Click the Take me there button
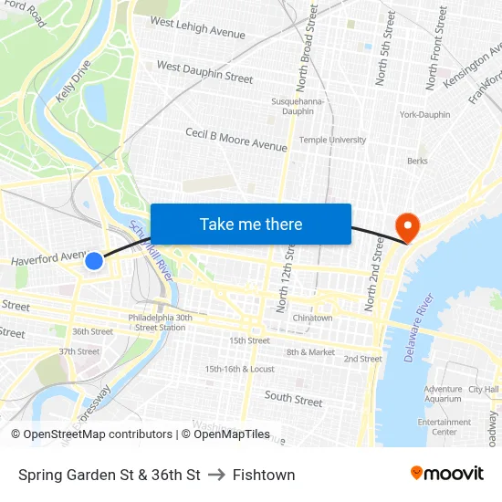251,224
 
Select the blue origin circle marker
94,261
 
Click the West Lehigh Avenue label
197,28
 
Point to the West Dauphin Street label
204,72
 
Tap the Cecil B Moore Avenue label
236,140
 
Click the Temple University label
333,140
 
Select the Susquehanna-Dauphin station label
293,106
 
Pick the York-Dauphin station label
424,115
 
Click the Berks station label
417,161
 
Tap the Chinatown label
312,318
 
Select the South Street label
293,399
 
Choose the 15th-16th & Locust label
239,369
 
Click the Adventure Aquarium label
443,393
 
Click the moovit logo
447,474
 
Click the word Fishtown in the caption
264,475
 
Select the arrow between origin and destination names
216,475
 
